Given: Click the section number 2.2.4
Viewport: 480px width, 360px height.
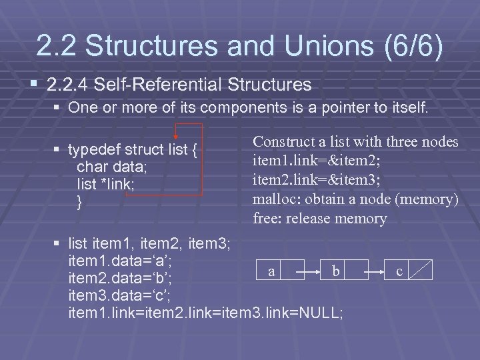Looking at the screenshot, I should click(x=69, y=85).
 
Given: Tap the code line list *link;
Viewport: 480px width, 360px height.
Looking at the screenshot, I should click(x=105, y=185).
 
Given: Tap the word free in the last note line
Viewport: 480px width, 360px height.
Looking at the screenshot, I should click(x=266, y=218).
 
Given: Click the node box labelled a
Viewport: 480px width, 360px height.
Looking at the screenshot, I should click(x=271, y=271).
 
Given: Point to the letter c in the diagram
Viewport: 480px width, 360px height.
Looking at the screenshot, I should click(x=399, y=272).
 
